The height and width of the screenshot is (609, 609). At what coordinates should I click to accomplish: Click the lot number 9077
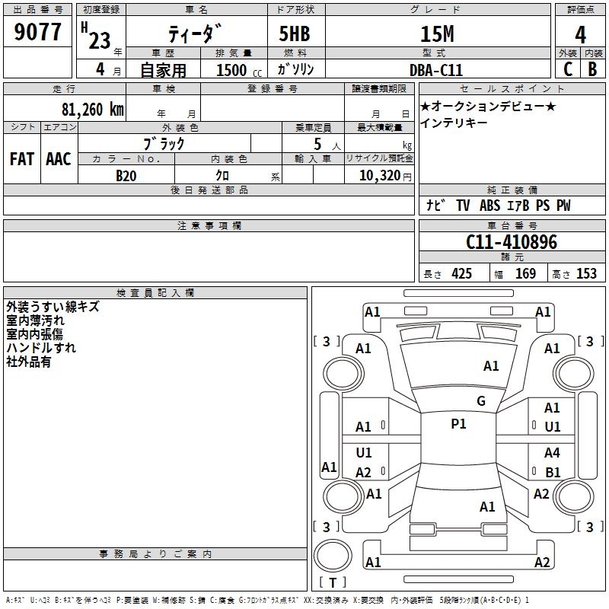[x=37, y=32]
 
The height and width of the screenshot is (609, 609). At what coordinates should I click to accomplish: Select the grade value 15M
[x=437, y=33]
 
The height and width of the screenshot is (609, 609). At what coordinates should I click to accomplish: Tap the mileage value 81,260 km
[x=93, y=110]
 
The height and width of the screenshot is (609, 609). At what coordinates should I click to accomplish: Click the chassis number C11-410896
[x=512, y=242]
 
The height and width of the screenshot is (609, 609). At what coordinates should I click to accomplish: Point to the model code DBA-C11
[x=436, y=70]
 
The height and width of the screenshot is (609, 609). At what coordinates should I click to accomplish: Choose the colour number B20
[x=126, y=176]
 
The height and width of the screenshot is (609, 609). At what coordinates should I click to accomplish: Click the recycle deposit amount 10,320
[x=380, y=176]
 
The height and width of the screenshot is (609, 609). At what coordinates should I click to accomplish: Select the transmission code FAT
[x=22, y=159]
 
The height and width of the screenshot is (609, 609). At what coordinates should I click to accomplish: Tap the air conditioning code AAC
[x=59, y=159]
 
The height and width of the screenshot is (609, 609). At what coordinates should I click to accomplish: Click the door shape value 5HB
[x=295, y=33]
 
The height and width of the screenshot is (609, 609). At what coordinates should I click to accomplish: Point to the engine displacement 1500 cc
[x=239, y=71]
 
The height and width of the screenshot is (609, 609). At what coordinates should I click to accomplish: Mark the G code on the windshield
[x=481, y=400]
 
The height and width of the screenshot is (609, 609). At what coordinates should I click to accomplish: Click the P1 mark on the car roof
[x=459, y=424]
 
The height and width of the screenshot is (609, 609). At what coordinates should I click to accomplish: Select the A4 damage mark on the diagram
[x=552, y=452]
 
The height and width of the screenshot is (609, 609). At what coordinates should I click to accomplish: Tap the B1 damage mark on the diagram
[x=553, y=472]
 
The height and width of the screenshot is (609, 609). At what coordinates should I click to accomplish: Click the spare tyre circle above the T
[x=333, y=556]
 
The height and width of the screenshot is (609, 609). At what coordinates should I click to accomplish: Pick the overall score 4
[x=580, y=34]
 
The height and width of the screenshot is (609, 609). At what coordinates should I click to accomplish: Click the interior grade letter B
[x=593, y=69]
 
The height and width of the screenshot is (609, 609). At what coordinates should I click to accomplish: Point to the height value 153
[x=586, y=274]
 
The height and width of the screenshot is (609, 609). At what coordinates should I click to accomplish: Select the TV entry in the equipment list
[x=463, y=206]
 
